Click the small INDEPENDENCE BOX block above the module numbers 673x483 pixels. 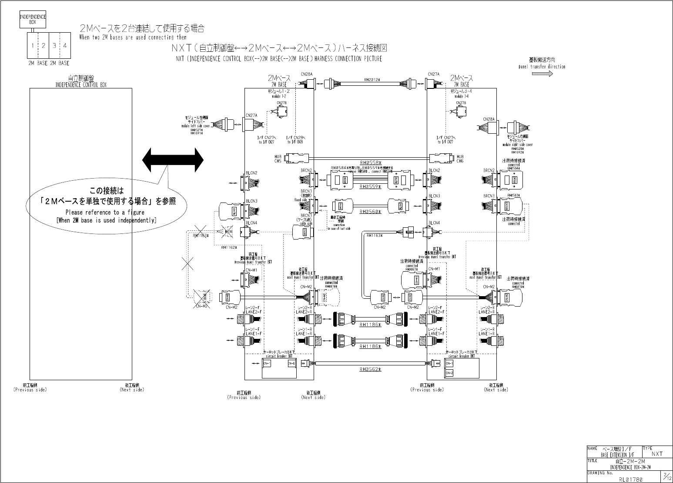point(33,20)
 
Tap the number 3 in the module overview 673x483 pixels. point(54,45)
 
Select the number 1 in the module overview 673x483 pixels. point(33,45)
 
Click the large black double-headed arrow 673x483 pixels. point(173,160)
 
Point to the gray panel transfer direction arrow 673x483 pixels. point(542,74)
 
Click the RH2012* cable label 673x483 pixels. point(372,80)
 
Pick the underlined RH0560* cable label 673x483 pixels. point(370,212)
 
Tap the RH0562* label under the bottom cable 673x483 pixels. point(370,369)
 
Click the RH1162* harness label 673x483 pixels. point(228,247)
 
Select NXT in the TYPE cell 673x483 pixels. point(657,454)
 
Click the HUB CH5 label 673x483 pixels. point(278,159)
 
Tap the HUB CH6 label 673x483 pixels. point(460,159)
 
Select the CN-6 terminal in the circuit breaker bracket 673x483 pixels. point(291,363)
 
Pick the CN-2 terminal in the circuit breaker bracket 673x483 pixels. point(449,373)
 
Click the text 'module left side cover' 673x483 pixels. point(196,126)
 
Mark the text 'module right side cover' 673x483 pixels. point(517,145)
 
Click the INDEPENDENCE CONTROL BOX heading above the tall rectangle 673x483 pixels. point(81,85)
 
